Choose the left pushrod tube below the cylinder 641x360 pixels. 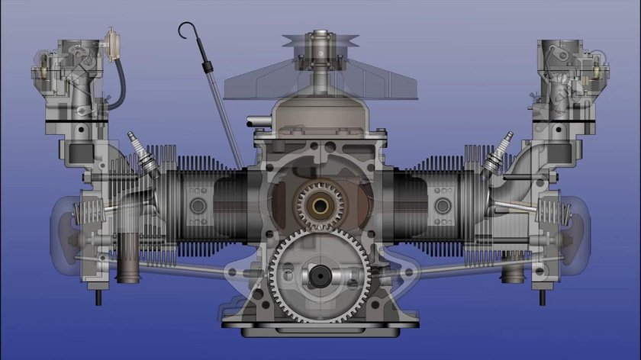coord(176,264)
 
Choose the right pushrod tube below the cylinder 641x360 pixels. coord(465,264)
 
